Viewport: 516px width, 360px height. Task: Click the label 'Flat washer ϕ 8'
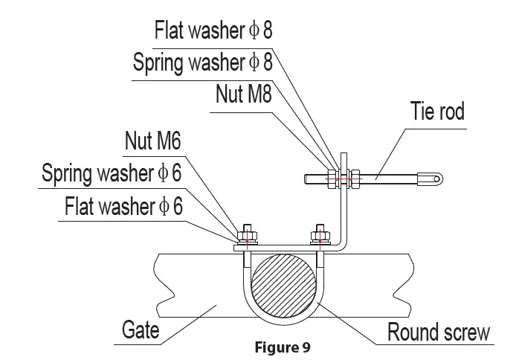click(x=213, y=30)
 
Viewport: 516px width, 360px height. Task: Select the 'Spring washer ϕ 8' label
click(x=202, y=62)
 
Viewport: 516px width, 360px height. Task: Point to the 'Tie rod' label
click(x=437, y=112)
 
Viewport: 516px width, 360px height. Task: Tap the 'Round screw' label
click(x=439, y=331)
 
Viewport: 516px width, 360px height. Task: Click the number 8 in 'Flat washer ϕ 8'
click(x=265, y=30)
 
